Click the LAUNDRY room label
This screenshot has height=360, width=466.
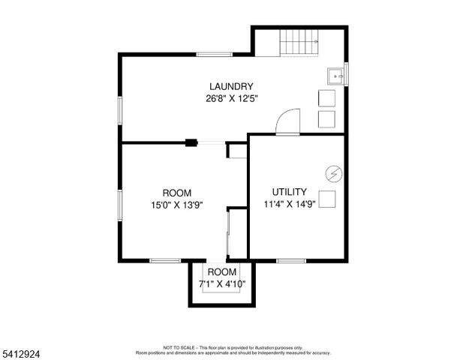click(x=231, y=86)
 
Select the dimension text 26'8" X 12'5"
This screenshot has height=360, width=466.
click(x=231, y=98)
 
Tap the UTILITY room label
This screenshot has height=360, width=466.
click(x=289, y=192)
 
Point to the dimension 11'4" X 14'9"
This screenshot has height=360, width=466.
click(x=289, y=204)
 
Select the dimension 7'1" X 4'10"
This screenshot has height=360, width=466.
click(x=222, y=284)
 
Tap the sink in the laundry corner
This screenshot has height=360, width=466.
click(x=335, y=74)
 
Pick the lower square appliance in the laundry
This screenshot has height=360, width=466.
click(x=326, y=120)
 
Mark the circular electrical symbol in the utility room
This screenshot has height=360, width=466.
click(x=333, y=174)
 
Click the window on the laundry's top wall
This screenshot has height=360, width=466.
click(x=215, y=53)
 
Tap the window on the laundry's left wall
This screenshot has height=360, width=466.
click(x=119, y=109)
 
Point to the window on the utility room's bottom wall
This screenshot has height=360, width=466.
click(x=291, y=261)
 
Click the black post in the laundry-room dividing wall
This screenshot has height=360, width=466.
click(x=193, y=141)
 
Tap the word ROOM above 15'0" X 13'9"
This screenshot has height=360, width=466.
click(x=176, y=192)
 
